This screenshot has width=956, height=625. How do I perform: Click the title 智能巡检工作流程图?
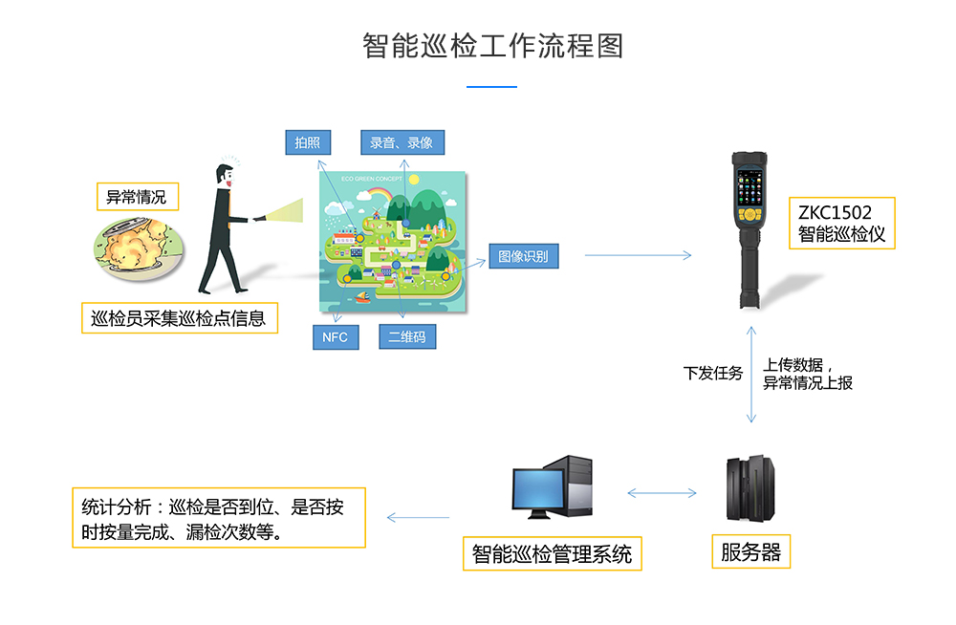click(x=492, y=46)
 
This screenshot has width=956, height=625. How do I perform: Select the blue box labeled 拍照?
click(x=308, y=142)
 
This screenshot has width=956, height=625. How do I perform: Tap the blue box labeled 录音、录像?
click(x=402, y=142)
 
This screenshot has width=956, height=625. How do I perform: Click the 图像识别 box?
click(x=524, y=256)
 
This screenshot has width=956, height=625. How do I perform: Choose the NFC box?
click(x=336, y=337)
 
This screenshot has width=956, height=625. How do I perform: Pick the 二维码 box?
click(x=407, y=336)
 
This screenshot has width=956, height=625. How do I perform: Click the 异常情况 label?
click(x=137, y=196)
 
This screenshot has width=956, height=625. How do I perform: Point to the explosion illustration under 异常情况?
click(x=138, y=248)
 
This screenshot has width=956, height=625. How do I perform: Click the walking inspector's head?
click(x=225, y=176)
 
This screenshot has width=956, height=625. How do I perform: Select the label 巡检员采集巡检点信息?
click(x=180, y=317)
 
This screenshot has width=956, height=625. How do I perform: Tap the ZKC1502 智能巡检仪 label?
click(x=842, y=224)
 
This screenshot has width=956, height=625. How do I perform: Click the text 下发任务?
click(x=713, y=373)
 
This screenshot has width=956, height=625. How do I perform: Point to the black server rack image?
click(x=750, y=487)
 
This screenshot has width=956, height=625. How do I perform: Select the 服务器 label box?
click(x=751, y=551)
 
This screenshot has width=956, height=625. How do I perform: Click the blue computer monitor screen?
click(x=538, y=488)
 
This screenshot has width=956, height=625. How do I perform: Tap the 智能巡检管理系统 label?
click(x=553, y=553)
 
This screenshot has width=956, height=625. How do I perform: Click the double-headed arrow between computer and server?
click(x=662, y=493)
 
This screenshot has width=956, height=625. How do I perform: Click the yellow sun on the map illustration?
click(x=414, y=180)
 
